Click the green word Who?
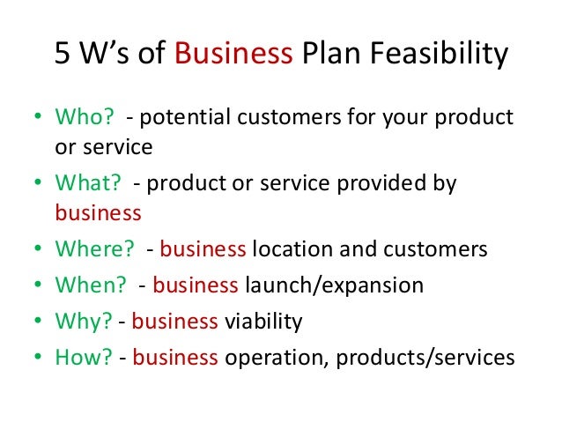(82, 117)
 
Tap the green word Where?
(94, 248)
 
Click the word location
(294, 248)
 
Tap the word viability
(263, 322)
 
